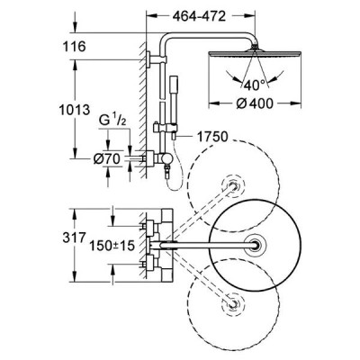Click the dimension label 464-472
(x=199, y=16)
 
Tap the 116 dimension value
(x=74, y=46)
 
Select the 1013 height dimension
(x=74, y=110)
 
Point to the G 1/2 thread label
(x=112, y=121)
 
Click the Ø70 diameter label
(x=106, y=159)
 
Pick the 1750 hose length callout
(x=212, y=137)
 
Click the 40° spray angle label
(x=255, y=85)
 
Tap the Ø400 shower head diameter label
(x=255, y=103)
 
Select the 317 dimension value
(x=74, y=238)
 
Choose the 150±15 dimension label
(x=112, y=246)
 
